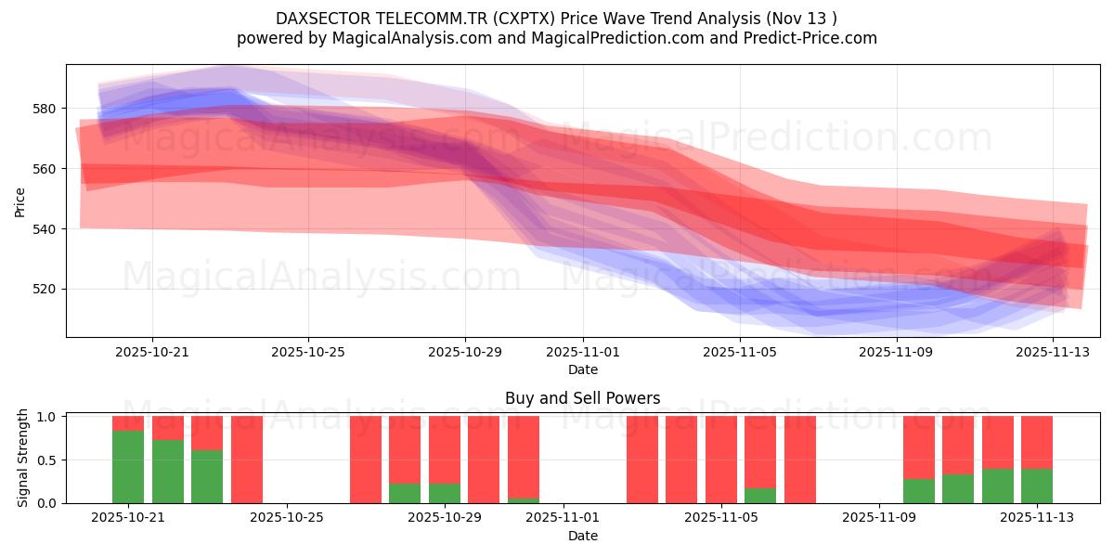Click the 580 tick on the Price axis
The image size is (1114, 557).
coord(44,109)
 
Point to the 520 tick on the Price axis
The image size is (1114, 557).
coord(44,289)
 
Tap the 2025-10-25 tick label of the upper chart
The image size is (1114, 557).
coord(308,353)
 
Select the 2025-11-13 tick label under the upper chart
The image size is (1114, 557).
coord(1053,353)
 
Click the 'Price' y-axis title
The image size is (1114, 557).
coord(20,201)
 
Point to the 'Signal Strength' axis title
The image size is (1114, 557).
coord(24,459)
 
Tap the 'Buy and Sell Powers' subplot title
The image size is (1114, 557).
coord(582,398)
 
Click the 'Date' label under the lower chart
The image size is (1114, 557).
coord(582,536)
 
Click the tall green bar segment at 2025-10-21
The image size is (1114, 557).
coord(128,467)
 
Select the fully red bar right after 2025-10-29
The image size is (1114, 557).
coord(484,460)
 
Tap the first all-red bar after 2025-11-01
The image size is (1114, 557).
coord(642,460)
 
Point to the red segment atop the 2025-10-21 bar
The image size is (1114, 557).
coord(128,422)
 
